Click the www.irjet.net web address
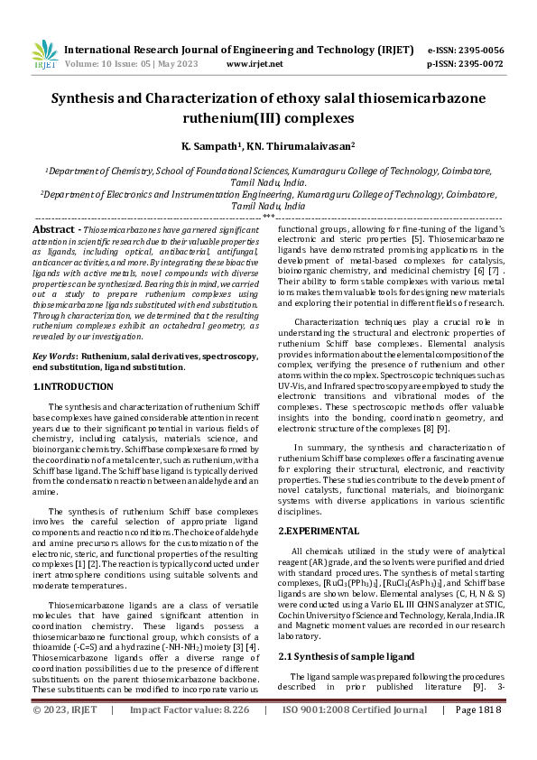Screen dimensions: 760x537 tap(255, 64)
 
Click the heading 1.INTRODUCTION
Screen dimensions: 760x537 tap(73, 386)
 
